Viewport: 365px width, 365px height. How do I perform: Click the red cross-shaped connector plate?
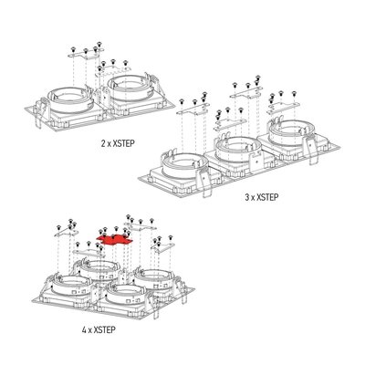pyautogui.click(x=115, y=241)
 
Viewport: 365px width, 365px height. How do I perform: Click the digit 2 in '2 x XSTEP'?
pyautogui.click(x=103, y=143)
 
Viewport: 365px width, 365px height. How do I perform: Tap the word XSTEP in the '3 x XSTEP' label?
pyautogui.click(x=267, y=197)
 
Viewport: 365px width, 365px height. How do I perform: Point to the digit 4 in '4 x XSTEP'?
pyautogui.click(x=84, y=329)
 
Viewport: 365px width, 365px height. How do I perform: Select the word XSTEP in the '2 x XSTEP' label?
pyautogui.click(x=123, y=143)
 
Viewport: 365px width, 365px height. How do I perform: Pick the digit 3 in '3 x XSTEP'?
pyautogui.click(x=247, y=197)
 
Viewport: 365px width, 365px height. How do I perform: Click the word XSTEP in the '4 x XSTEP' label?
pyautogui.click(x=105, y=329)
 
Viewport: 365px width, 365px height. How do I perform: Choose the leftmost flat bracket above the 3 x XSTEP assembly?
pyautogui.click(x=193, y=109)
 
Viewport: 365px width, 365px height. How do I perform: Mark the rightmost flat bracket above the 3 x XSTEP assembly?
pyautogui.click(x=284, y=108)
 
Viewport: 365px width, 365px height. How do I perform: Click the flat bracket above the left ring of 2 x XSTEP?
pyautogui.click(x=85, y=56)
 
